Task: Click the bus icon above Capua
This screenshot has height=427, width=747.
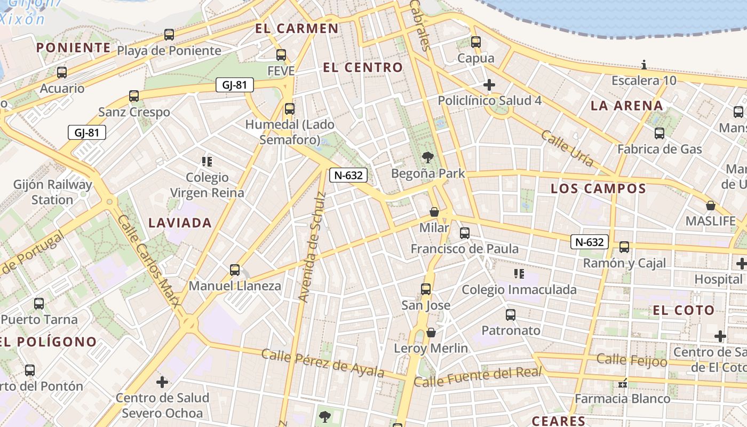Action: pos(475,42)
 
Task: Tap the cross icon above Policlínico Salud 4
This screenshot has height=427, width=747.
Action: pos(489,85)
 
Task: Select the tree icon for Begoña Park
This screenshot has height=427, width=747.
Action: pos(427,157)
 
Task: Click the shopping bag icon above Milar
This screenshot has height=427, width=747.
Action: pos(434,212)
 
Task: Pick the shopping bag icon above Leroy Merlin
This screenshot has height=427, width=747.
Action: pos(431,333)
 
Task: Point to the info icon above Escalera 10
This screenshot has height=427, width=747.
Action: pos(644,65)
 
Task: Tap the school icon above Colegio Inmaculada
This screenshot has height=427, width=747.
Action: pos(519,274)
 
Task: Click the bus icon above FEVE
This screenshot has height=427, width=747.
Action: pos(281,54)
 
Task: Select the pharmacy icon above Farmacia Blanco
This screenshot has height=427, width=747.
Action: pos(622,383)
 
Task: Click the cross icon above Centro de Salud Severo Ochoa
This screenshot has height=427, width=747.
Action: pos(162,382)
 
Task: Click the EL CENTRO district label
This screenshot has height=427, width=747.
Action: pos(363,67)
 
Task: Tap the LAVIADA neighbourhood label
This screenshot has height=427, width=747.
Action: pos(180,223)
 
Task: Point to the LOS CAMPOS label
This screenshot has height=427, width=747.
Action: pos(598,188)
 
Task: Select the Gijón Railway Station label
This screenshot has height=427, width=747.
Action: pos(53,192)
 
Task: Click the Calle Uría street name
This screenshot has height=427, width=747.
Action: pos(567,148)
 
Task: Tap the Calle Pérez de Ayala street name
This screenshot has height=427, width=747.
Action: pos(323,363)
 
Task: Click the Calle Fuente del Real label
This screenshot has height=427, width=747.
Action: pos(478,377)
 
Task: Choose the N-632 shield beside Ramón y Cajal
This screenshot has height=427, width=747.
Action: pos(590,242)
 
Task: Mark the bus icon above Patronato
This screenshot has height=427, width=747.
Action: pos(511,315)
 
